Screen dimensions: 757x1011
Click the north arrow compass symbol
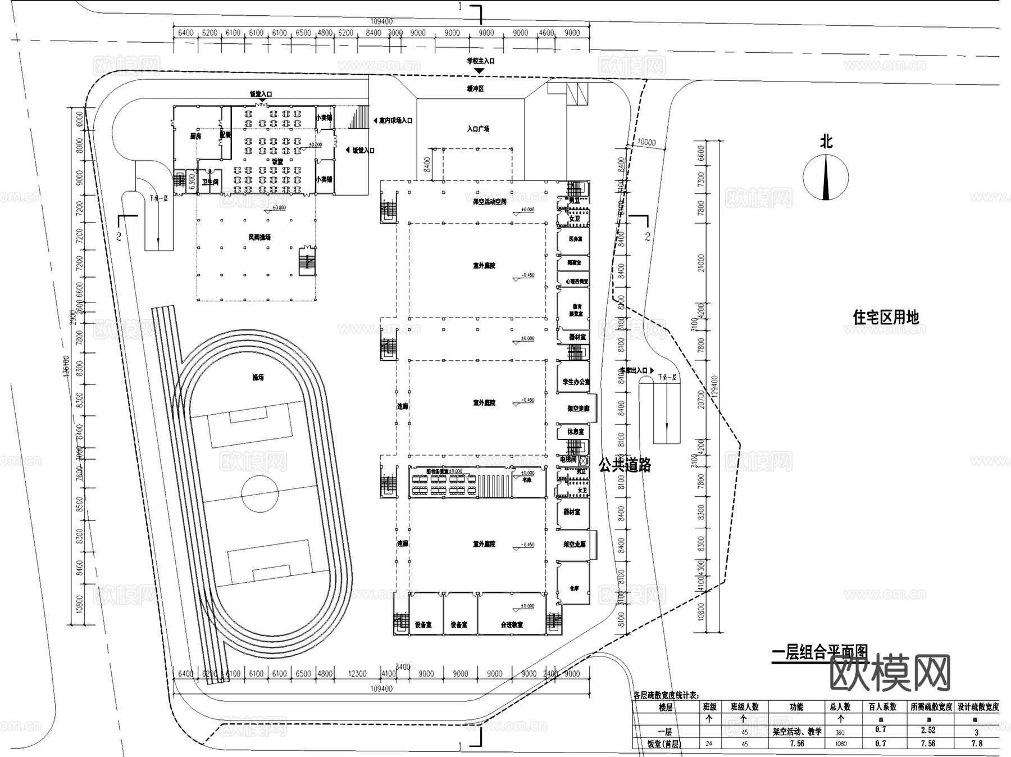826,177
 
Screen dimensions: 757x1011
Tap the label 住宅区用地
886,318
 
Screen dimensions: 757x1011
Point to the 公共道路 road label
625,465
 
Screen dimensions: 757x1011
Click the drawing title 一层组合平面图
820,653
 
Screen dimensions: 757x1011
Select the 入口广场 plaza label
478,129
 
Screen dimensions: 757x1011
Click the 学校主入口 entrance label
480,61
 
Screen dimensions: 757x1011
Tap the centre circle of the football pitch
259,494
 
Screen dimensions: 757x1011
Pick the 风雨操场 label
259,237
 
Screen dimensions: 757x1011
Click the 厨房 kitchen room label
195,136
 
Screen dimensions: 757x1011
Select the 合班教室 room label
512,625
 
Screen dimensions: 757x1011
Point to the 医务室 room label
575,239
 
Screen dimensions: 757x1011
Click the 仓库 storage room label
574,588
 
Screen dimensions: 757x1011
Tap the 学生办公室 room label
576,382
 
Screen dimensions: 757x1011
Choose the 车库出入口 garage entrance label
634,371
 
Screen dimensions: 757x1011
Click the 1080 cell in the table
840,744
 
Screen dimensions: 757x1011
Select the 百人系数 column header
881,707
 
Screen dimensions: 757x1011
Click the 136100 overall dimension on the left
66,366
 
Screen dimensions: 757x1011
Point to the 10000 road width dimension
646,143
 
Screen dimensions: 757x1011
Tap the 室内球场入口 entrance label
395,120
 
